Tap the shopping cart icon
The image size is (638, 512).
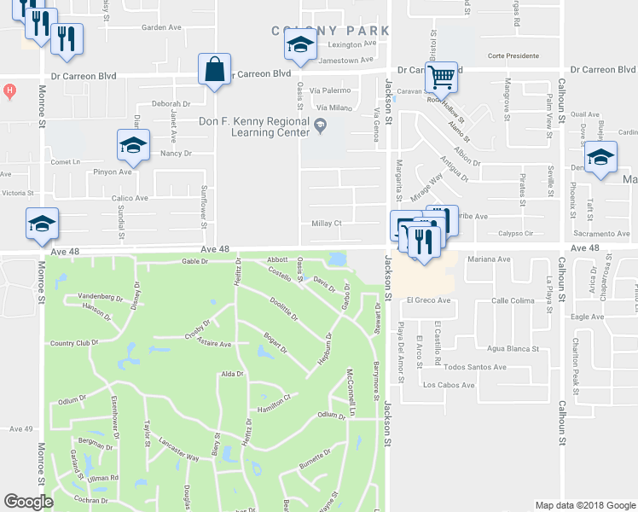441,77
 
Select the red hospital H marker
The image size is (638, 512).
9,90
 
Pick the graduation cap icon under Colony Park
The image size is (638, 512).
300,48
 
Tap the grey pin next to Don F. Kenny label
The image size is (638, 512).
321,127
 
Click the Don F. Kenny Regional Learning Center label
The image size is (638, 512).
265,127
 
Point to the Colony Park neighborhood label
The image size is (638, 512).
331,31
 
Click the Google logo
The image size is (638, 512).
29,502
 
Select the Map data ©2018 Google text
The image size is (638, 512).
584,505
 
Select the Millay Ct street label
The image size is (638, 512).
327,224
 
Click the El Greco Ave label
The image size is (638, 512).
427,300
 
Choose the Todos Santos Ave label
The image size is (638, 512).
475,367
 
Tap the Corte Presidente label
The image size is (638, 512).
513,56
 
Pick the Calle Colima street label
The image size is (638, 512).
512,300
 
